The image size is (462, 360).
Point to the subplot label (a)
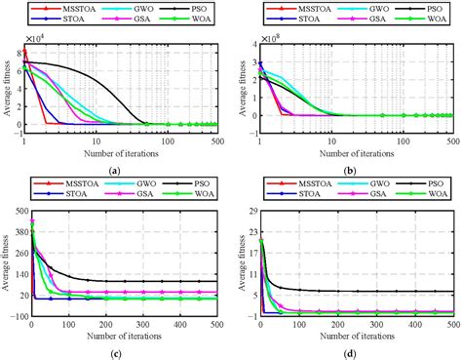pos(115,170)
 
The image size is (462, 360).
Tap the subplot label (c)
pos(115,353)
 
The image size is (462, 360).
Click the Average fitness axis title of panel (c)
pos(7,261)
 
